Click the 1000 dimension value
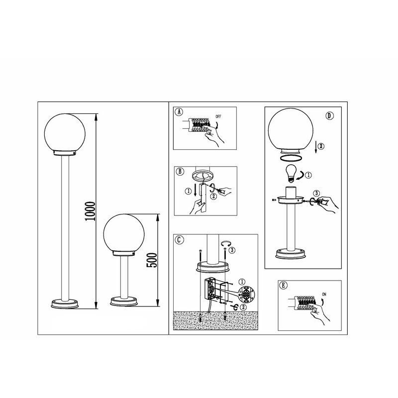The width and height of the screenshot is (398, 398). click(x=90, y=211)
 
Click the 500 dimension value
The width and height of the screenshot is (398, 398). click(x=152, y=260)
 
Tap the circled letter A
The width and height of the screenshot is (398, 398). click(x=179, y=111)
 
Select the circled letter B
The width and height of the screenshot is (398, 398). click(x=180, y=171)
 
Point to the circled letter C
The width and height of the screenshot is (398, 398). click(x=180, y=239)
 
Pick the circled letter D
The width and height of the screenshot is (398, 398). click(x=329, y=116)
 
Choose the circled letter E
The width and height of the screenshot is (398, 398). click(x=283, y=285)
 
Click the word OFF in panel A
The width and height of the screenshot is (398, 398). click(x=218, y=116)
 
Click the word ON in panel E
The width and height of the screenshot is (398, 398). click(x=324, y=295)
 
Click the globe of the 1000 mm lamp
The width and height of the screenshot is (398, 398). click(x=65, y=133)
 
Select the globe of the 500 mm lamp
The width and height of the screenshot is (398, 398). click(x=124, y=233)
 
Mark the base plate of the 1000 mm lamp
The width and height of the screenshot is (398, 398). click(x=65, y=303)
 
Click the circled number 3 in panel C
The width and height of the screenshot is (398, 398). click(x=232, y=250)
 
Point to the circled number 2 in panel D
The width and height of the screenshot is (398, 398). click(x=321, y=146)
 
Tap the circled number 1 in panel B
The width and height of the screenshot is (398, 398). click(x=188, y=191)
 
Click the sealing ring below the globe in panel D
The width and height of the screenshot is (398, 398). click(x=291, y=158)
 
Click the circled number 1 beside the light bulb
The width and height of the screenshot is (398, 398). click(x=308, y=175)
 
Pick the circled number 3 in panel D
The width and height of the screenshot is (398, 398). click(x=316, y=194)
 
